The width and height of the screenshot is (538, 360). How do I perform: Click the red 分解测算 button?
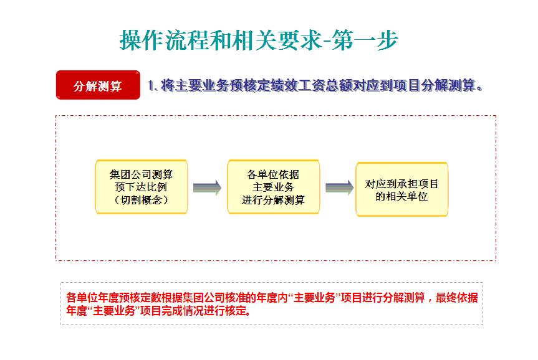[x=98, y=85]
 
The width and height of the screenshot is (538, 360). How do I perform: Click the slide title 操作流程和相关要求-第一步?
[x=259, y=40]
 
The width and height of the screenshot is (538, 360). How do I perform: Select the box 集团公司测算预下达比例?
[x=142, y=187]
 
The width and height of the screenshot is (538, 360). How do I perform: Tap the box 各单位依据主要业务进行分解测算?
[x=274, y=187]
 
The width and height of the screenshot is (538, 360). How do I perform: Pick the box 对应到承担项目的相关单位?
[x=401, y=189]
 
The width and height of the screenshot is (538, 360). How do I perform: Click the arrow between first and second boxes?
[x=207, y=187]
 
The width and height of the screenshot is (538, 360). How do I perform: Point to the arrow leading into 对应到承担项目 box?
[x=339, y=187]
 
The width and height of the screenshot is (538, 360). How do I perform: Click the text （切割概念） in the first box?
[x=142, y=200]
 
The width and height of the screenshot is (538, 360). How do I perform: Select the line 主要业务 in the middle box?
[x=274, y=187]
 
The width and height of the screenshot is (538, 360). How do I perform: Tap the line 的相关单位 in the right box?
[x=401, y=196]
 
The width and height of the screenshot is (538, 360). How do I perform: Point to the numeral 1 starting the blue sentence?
[x=150, y=85]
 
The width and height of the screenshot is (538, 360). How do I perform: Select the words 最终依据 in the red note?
[x=457, y=298]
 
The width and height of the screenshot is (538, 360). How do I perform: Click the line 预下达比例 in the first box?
[x=141, y=187]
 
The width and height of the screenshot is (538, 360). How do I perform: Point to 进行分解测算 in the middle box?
[x=273, y=200]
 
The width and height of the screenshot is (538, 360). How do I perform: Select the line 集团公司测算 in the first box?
[x=141, y=174]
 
